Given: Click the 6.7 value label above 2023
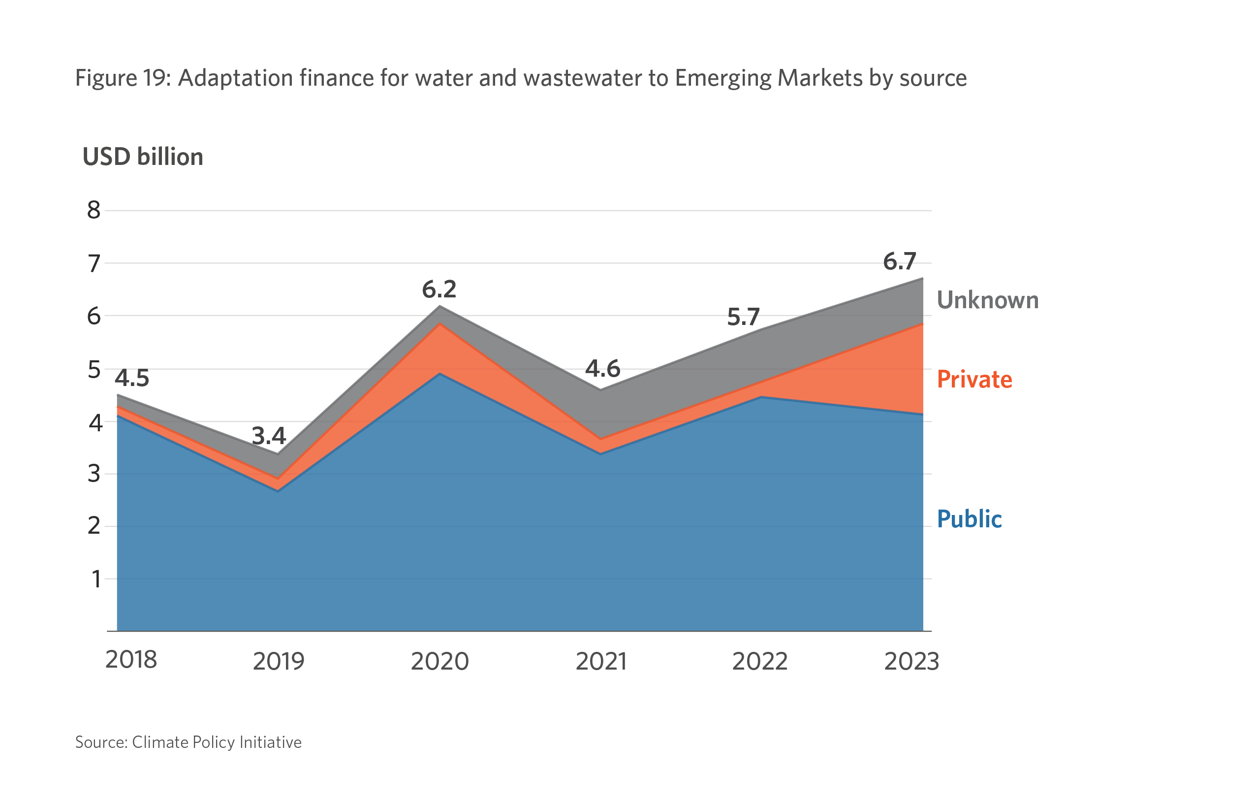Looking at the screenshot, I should [899, 261].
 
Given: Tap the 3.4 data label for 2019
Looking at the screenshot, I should [269, 435].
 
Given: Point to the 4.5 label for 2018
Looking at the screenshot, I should [132, 378].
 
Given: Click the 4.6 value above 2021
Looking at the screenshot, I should [603, 369].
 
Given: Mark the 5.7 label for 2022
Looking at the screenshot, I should [743, 317].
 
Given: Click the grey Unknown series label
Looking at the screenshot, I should [987, 300].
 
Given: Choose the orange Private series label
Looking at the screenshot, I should [974, 379].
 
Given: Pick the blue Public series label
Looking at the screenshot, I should [969, 519].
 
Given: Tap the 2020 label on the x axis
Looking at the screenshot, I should [439, 662].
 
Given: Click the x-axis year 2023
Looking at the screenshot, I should [911, 662].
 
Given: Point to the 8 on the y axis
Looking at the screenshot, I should [94, 210].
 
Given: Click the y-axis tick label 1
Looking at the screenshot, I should [96, 579].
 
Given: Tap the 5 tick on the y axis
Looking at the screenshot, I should [94, 370].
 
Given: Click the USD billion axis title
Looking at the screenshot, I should [142, 157].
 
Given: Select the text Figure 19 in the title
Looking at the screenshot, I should [123, 78].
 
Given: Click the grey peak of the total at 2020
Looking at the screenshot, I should [439, 308].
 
